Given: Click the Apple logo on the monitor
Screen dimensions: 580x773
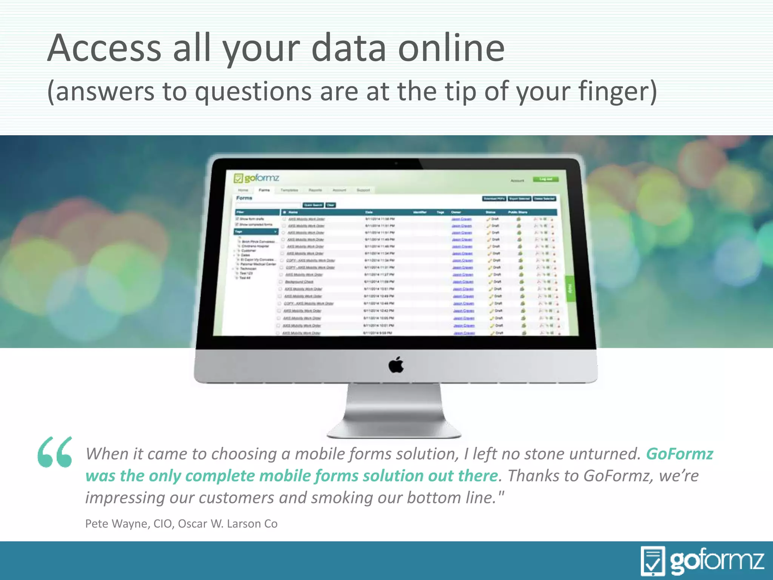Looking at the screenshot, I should click(396, 365).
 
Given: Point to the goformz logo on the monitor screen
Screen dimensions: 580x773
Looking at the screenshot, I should click(257, 178).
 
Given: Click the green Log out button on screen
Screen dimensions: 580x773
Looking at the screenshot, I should click(545, 179).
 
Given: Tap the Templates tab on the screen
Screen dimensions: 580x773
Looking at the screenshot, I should click(289, 190).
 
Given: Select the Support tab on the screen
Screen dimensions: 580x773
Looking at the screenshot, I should click(363, 190).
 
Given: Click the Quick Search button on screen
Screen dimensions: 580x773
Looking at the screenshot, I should click(313, 205).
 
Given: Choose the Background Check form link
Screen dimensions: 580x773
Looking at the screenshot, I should click(299, 282).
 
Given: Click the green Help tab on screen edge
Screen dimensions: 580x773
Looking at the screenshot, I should click(570, 288).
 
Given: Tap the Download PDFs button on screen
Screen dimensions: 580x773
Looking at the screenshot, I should click(494, 199).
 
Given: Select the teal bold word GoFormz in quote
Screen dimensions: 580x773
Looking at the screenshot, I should click(679, 454).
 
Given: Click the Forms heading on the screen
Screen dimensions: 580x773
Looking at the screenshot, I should click(244, 198).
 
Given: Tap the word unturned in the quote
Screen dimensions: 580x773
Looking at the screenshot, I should click(605, 454).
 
